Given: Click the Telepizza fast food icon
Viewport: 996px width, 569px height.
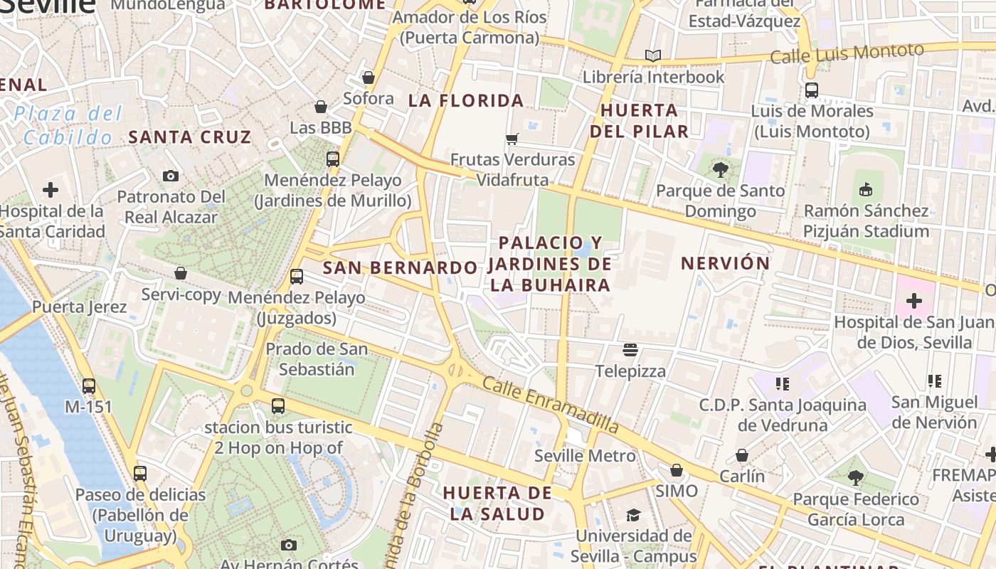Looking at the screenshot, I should tap(630, 349).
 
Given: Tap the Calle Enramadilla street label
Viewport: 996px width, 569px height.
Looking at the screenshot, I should tap(550, 405).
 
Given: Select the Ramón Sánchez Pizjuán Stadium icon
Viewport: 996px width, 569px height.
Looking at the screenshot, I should tap(866, 189).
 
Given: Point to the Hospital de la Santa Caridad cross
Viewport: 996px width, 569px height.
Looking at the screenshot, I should tap(51, 190).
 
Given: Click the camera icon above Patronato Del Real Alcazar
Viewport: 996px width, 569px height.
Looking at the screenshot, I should tap(170, 176).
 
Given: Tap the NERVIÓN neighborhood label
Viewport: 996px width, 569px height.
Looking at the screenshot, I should tap(725, 263).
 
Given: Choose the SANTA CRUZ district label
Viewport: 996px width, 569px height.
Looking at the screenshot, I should tap(190, 137).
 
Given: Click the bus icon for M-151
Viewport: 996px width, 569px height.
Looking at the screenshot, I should tap(89, 385).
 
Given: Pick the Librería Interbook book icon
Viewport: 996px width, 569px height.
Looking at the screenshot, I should tap(652, 55).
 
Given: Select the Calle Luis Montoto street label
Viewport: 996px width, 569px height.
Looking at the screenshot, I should tap(847, 53).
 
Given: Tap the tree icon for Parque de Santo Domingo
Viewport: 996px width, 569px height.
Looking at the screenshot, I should tap(720, 169).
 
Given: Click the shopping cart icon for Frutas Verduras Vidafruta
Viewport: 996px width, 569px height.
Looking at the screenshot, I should tap(512, 138).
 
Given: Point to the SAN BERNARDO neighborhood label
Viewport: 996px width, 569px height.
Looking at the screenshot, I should tap(400, 268).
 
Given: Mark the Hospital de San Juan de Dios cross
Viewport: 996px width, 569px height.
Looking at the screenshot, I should tap(914, 301).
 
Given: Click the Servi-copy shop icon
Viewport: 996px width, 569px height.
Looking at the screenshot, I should tap(181, 273).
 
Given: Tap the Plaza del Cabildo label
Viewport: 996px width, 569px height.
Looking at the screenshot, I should tap(68, 125).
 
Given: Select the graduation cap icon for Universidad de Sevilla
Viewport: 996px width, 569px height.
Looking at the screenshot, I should tap(632, 515).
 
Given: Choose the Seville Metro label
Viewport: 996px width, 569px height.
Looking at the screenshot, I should tap(585, 456).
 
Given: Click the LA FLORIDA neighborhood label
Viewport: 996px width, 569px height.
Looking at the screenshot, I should tap(466, 101).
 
